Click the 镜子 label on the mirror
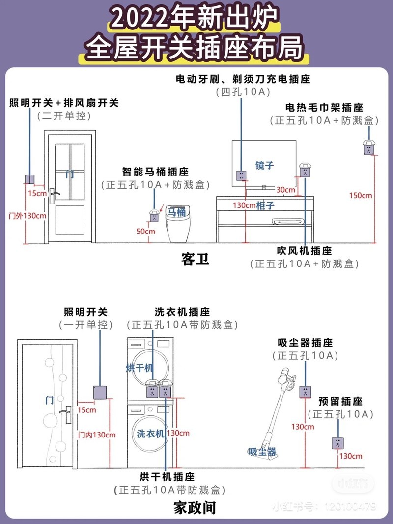(x=264, y=165)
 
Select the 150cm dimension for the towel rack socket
(x=361, y=195)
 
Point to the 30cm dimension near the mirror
(x=285, y=190)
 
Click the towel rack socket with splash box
(x=368, y=147)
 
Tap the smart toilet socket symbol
(x=154, y=215)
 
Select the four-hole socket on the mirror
(x=241, y=175)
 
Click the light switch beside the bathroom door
(x=30, y=180)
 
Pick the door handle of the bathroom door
(x=55, y=193)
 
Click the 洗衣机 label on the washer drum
(x=151, y=434)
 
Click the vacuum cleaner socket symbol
(x=305, y=392)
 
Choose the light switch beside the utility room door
(x=100, y=392)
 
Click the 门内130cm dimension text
(x=97, y=435)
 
